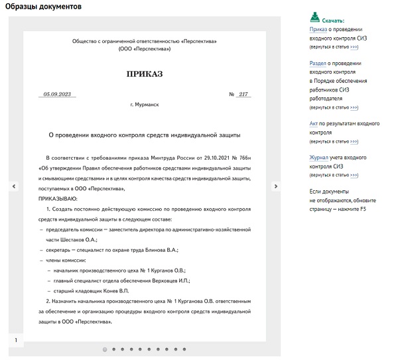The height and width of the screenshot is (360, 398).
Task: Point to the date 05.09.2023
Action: (x=58, y=94)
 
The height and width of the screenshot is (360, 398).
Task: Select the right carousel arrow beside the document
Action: (x=276, y=187)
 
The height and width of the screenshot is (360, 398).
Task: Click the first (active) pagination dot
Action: (x=105, y=349)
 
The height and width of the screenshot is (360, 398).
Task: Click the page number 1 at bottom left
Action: (x=15, y=340)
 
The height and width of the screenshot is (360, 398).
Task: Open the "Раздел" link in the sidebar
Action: (x=318, y=63)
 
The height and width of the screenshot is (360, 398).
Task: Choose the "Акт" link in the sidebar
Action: (x=314, y=123)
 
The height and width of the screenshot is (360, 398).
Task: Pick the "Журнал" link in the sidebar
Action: (x=319, y=158)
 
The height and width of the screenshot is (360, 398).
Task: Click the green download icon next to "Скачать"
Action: (x=315, y=17)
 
